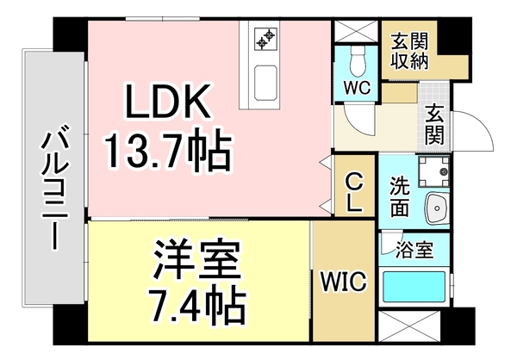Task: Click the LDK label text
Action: click(169, 103)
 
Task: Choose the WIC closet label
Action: click(344, 282)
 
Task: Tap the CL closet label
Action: click(354, 190)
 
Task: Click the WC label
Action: click(356, 87)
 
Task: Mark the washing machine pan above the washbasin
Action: click(433, 173)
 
